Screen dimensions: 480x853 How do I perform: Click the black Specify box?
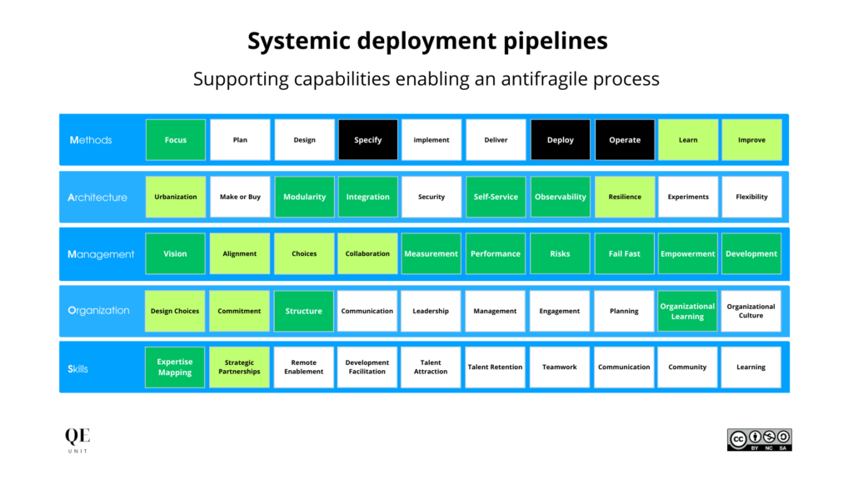point(368,140)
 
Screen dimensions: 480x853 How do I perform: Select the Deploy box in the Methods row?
point(560,140)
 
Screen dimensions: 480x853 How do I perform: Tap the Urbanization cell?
point(176,197)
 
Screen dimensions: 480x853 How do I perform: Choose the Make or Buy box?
point(240,197)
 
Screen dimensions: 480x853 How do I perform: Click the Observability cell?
point(560,197)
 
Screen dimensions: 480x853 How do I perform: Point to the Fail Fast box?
point(624,253)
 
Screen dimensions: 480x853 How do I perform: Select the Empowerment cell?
point(687,253)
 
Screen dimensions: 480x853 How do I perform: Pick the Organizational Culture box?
point(751,311)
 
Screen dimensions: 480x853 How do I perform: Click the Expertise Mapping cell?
point(175,367)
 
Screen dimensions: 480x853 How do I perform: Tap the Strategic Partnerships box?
point(239,367)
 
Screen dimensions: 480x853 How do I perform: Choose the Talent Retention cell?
point(496,367)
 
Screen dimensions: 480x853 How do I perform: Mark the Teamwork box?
point(560,367)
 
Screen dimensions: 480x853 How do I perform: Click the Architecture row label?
point(97,197)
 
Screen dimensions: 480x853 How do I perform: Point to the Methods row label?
point(91,140)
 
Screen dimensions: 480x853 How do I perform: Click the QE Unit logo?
point(77,440)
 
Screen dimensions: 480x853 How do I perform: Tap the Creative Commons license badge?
point(759,440)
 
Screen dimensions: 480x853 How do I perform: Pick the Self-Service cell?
point(496,197)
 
